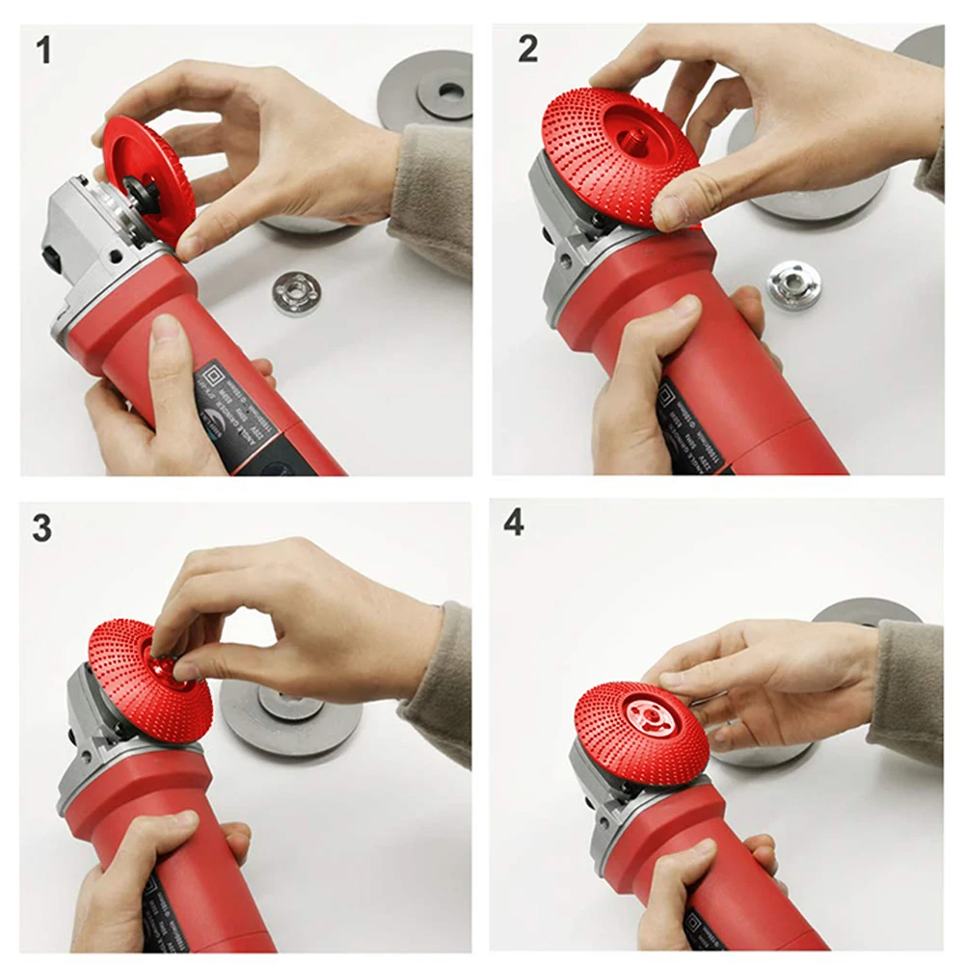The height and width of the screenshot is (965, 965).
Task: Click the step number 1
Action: [x=43, y=50]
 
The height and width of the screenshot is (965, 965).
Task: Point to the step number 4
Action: [x=514, y=522]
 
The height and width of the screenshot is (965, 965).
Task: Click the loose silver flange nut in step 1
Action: [x=296, y=293]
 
